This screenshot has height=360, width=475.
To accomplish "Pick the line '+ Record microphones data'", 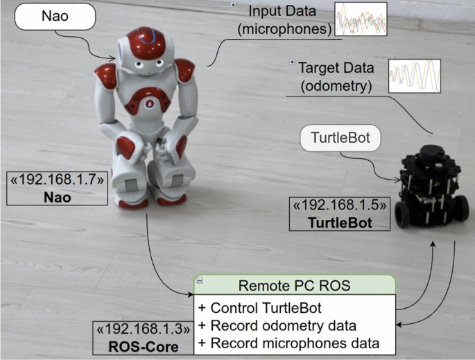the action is coord(288,342).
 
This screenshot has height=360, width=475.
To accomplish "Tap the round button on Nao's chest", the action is coord(148,103).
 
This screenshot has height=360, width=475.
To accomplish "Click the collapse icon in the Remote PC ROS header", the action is coord(200,281).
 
